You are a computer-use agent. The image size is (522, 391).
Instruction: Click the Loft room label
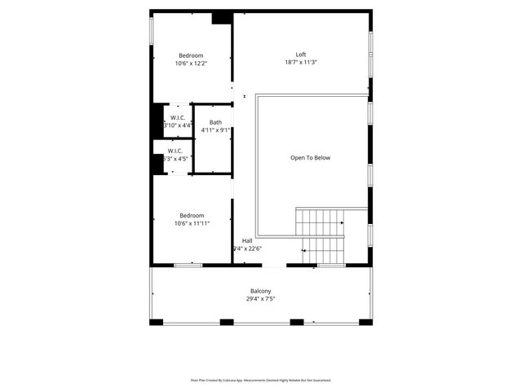[301, 55]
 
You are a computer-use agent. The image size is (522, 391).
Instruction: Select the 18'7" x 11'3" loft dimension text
[301, 63]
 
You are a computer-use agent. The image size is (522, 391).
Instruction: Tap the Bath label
[215, 122]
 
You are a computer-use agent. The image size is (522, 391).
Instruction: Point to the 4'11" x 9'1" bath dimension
[215, 130]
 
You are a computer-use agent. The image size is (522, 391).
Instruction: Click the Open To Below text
[311, 158]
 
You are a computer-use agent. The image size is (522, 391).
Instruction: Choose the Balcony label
[260, 291]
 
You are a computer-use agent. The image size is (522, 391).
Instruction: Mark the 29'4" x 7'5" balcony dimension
[260, 299]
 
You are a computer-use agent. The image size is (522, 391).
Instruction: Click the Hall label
[246, 240]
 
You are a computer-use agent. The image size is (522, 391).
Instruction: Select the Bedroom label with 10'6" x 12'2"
[191, 55]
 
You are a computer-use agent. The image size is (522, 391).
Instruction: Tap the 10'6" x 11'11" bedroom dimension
[192, 223]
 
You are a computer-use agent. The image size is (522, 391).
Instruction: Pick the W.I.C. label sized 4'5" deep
[176, 151]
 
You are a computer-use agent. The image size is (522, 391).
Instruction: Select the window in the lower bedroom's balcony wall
[188, 265]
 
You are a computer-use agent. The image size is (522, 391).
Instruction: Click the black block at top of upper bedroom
[221, 18]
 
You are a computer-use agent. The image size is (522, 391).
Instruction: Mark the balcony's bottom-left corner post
[156, 322]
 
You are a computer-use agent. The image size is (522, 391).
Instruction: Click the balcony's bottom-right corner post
[366, 322]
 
